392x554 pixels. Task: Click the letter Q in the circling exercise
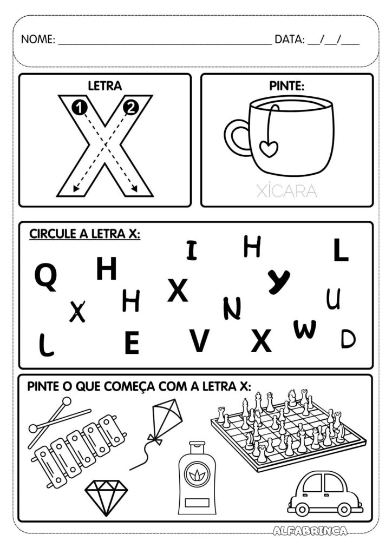pos(45,276)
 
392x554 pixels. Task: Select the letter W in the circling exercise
pos(305,328)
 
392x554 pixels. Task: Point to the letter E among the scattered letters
pos(132,342)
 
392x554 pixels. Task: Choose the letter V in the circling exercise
pos(199,340)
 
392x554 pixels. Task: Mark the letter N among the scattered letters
pos(232,308)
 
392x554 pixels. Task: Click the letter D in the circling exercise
pos(348,339)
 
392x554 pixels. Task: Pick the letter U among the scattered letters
pos(334,299)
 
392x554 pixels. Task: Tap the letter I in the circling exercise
pos(191,250)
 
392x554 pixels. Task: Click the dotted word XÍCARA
pos(287,190)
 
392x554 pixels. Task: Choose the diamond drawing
pos(107,494)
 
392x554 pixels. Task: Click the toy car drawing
pos(325,493)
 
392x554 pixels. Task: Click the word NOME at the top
pos(37,39)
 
